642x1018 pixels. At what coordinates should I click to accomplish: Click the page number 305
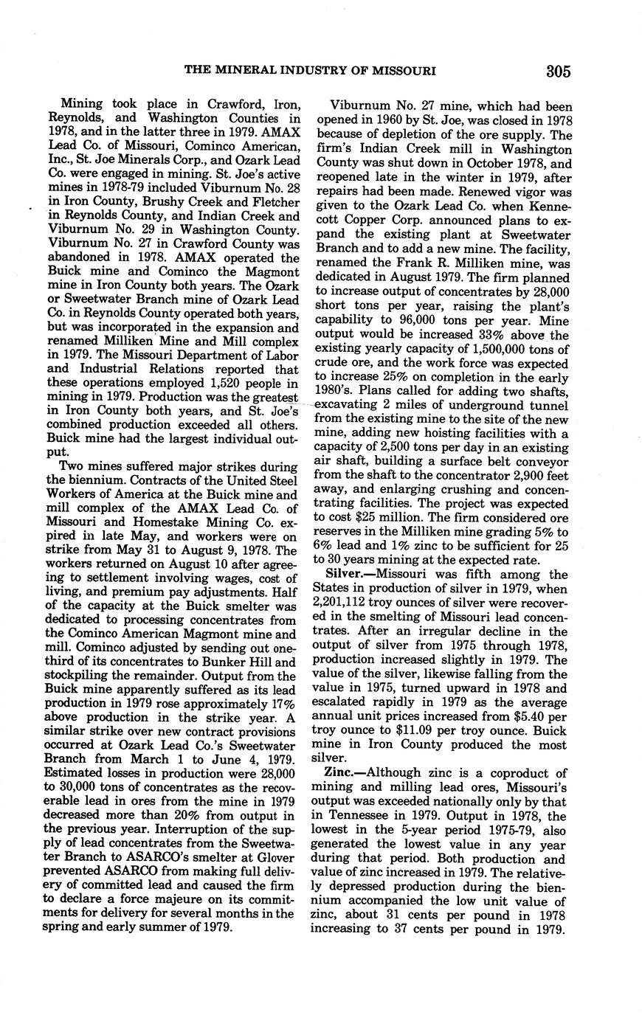pyautogui.click(x=559, y=72)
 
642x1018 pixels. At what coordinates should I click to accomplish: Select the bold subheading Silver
pyautogui.click(x=345, y=575)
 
